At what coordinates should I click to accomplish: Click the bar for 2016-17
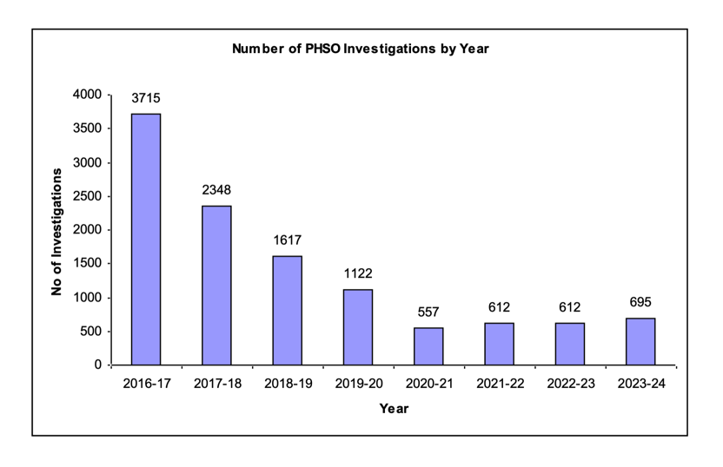click(x=146, y=239)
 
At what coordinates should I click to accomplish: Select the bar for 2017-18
click(x=216, y=285)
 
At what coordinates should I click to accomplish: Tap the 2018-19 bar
click(x=288, y=310)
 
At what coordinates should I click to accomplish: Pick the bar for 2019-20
click(x=358, y=326)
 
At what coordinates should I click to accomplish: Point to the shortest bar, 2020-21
click(x=428, y=345)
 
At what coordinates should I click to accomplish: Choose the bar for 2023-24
click(x=640, y=341)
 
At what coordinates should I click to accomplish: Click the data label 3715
click(x=146, y=98)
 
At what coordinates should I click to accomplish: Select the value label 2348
click(x=216, y=190)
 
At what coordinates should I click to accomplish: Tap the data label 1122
click(x=358, y=273)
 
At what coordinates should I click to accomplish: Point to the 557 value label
click(x=428, y=312)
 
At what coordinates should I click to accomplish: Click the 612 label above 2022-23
click(x=570, y=307)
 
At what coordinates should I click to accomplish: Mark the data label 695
click(x=640, y=302)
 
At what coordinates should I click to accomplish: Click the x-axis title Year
click(x=394, y=409)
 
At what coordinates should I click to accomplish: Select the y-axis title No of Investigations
click(x=56, y=230)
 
